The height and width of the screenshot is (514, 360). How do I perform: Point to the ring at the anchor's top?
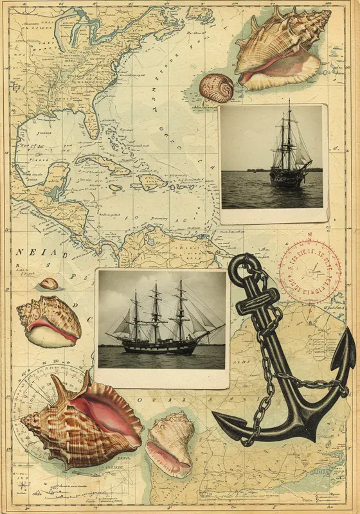pyautogui.click(x=243, y=265)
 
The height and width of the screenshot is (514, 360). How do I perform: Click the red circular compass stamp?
pyautogui.click(x=310, y=272)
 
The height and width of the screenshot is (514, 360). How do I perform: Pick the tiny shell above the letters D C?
pyautogui.click(x=48, y=283)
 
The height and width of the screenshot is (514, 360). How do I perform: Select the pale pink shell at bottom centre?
pyautogui.click(x=170, y=443)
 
